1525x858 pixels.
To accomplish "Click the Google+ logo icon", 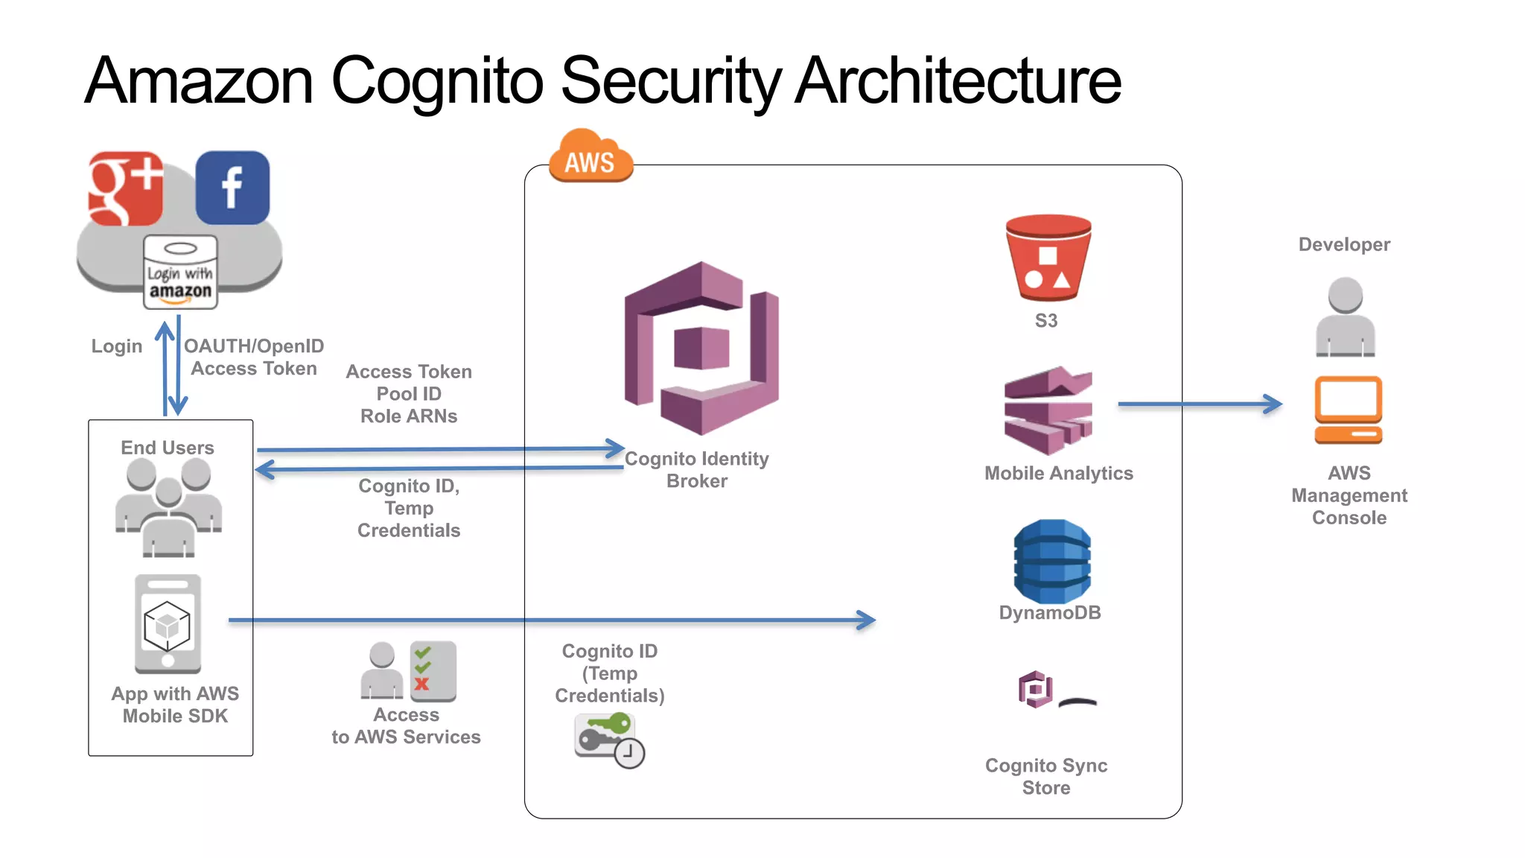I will [x=125, y=188].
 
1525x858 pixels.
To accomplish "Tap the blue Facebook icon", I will [x=232, y=188].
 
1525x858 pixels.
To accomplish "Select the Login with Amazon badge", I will [x=180, y=273].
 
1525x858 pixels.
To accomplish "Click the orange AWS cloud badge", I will [x=590, y=157].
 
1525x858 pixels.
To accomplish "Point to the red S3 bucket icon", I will [x=1048, y=257].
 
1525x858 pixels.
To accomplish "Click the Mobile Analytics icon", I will [x=1048, y=410].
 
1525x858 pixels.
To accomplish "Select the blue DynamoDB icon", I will [x=1051, y=561].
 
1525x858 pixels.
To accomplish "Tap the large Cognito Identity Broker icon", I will [x=701, y=348].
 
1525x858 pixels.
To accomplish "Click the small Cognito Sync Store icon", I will [x=1036, y=689].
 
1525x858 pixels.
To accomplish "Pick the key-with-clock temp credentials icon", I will [x=608, y=739].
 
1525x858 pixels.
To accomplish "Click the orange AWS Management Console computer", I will [x=1348, y=410].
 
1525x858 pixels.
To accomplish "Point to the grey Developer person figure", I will [x=1345, y=317].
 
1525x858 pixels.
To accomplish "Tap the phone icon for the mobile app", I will [x=168, y=624].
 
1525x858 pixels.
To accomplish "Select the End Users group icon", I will [x=169, y=507].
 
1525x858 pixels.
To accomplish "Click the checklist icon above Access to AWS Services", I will [x=433, y=670].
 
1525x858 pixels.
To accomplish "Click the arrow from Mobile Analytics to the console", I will [x=1199, y=404].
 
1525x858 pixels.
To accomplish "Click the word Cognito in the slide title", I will [x=437, y=80].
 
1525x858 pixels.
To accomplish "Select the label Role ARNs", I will [x=409, y=416].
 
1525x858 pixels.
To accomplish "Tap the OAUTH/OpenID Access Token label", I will [x=254, y=357].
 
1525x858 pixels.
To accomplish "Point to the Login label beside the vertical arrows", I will [x=117, y=346].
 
